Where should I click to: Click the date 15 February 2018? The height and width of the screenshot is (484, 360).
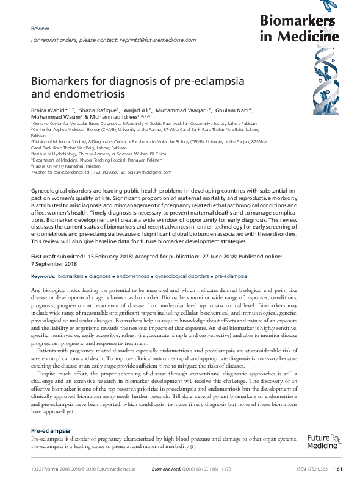coord(117,256)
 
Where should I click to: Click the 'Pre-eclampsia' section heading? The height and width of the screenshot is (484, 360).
coord(51,430)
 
